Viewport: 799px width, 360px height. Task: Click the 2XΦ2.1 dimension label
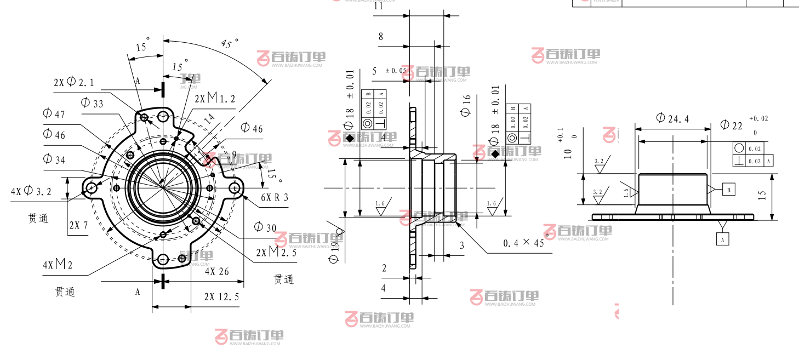[x=73, y=82]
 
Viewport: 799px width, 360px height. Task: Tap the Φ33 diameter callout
[x=92, y=102]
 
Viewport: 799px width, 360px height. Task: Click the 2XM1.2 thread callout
[x=215, y=99]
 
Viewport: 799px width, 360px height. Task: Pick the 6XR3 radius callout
[x=274, y=198]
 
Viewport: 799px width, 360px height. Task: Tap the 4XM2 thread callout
[x=58, y=265]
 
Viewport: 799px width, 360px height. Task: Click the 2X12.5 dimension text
[x=221, y=297]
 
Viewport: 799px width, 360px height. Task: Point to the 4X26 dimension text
[x=217, y=271]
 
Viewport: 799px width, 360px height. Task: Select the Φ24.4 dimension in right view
[x=672, y=118]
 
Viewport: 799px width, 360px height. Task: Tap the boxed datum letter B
[x=728, y=190]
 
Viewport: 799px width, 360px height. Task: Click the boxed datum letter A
[x=723, y=239]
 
